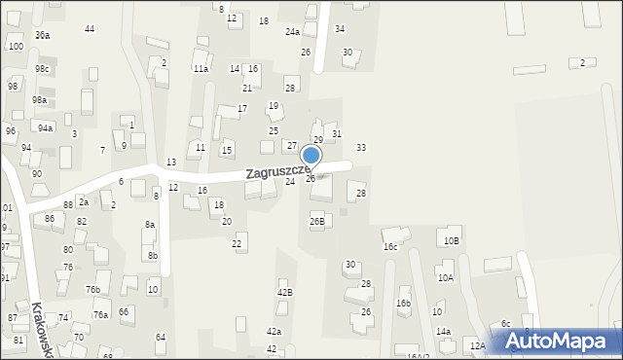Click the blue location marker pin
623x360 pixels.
(311, 157)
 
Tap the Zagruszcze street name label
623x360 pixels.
(277, 172)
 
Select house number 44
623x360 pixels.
(90, 29)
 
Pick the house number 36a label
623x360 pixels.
(42, 35)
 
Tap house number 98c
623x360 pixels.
(42, 69)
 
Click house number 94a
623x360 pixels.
(45, 127)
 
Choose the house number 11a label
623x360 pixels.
(201, 69)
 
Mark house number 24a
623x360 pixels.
(292, 32)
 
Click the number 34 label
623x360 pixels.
(340, 29)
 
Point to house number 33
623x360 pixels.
(361, 148)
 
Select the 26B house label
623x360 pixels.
(317, 221)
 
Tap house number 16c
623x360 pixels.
(390, 247)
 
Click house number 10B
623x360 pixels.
(451, 240)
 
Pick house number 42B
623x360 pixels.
(285, 292)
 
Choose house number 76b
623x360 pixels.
(92, 289)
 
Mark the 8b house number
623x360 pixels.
(153, 255)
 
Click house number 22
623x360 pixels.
(237, 243)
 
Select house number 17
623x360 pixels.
(242, 108)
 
